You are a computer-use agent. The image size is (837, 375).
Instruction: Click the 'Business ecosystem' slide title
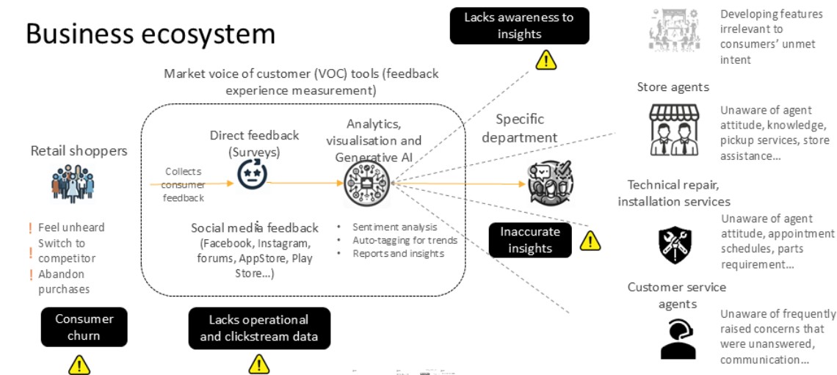pyautogui.click(x=151, y=34)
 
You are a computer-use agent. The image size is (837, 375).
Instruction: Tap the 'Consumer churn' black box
pyautogui.click(x=84, y=327)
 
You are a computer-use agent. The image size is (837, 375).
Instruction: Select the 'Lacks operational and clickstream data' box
pyautogui.click(x=259, y=327)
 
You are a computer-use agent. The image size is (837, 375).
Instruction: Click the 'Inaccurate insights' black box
pyautogui.click(x=529, y=239)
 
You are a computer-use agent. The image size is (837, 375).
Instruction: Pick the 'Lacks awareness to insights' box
pyautogui.click(x=518, y=26)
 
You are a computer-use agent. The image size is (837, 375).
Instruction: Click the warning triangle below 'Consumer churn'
pyautogui.click(x=79, y=364)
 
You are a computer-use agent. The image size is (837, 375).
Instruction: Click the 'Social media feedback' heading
pyautogui.click(x=255, y=227)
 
